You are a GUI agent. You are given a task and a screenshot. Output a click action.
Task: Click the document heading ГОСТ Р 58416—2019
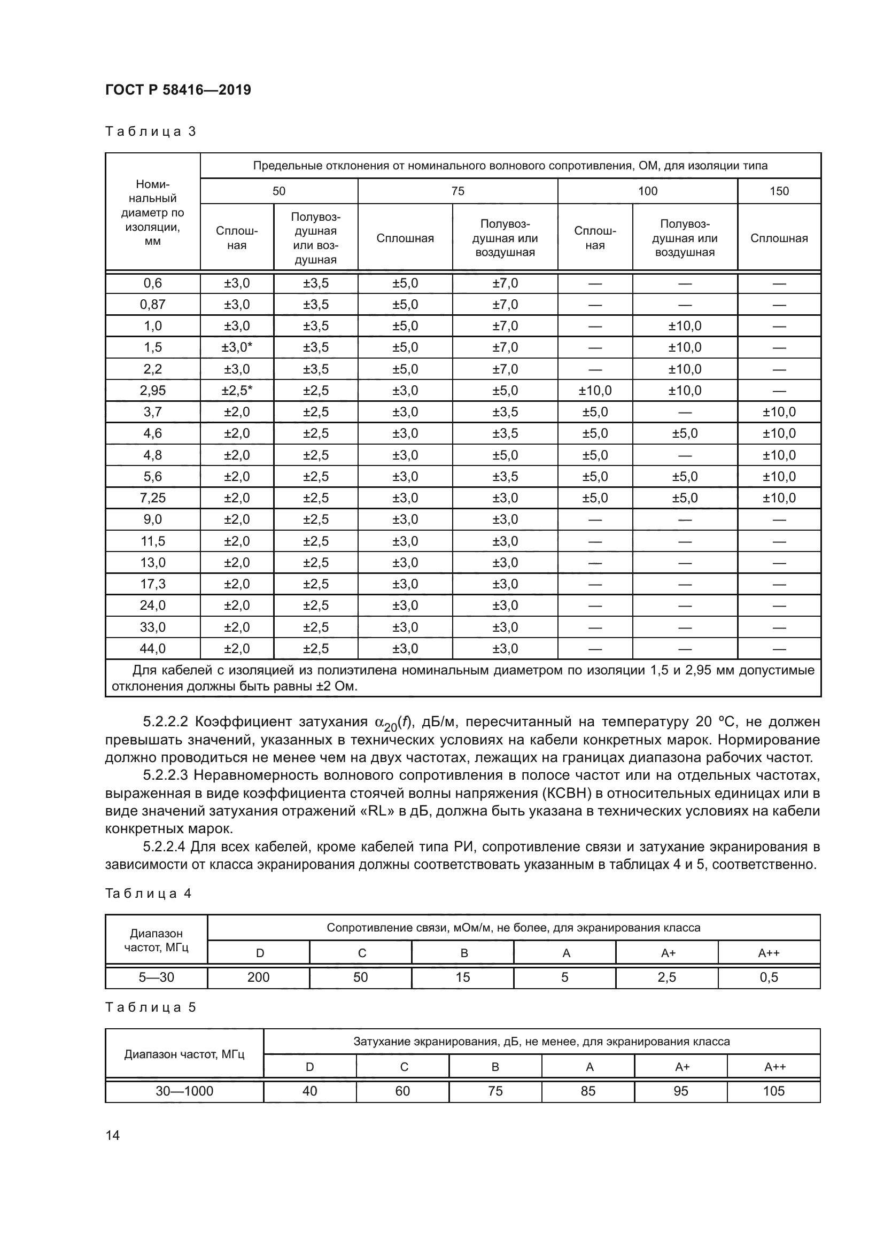[x=178, y=90]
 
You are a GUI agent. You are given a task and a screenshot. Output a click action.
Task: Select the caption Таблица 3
[x=150, y=131]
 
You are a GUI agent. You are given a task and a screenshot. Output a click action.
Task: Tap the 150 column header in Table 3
[x=779, y=191]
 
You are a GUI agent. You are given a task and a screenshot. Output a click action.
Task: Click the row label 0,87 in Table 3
[x=152, y=304]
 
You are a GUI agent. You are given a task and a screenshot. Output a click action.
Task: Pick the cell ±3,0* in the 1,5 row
[x=237, y=347]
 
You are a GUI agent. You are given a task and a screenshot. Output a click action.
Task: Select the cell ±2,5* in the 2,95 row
[x=237, y=390]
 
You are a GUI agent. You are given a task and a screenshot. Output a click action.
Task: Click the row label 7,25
[x=152, y=498]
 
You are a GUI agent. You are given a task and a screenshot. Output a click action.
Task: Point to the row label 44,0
[x=152, y=648]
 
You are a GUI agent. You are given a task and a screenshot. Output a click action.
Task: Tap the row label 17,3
[x=152, y=584]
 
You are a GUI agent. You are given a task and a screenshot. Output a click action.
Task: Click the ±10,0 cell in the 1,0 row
[x=685, y=326]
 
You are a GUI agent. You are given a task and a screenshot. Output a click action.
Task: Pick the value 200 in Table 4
[x=259, y=977]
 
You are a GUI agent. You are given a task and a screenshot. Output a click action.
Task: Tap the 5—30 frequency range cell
[x=156, y=977]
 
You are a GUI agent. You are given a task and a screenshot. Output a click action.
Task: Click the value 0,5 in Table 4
[x=769, y=977]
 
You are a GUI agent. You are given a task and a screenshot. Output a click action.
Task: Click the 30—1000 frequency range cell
[x=184, y=1091]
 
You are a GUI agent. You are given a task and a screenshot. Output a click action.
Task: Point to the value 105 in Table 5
[x=773, y=1091]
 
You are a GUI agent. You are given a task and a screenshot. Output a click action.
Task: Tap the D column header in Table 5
[x=310, y=1067]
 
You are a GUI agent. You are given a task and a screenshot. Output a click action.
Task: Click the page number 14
[x=113, y=1135]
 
